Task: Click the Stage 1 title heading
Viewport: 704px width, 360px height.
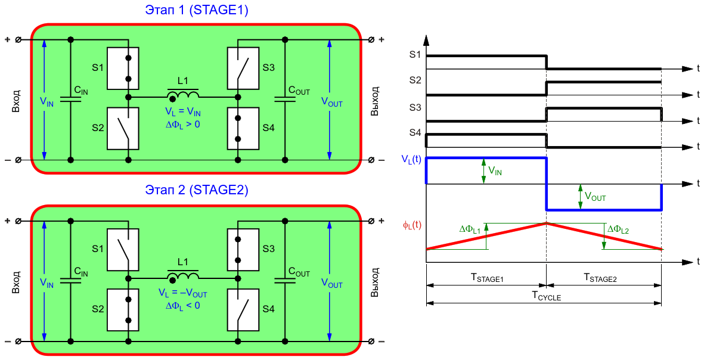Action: pos(197,10)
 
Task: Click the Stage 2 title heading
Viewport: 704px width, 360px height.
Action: pos(197,190)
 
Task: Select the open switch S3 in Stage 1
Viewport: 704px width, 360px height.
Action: pos(243,68)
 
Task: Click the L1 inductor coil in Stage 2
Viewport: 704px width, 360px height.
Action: pos(183,275)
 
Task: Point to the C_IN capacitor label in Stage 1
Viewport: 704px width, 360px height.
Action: pos(81,91)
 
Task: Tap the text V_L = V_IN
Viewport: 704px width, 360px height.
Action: pos(183,114)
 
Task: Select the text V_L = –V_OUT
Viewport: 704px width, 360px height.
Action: pos(183,294)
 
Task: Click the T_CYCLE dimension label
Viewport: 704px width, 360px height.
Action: pos(547,296)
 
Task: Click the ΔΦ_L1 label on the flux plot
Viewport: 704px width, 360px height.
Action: pos(470,229)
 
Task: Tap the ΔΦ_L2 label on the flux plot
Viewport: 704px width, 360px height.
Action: pos(618,230)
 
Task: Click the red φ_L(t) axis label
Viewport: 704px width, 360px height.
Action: pos(412,225)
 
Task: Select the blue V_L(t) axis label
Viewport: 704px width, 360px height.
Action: pos(412,161)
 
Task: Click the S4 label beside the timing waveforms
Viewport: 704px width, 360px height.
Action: pos(415,134)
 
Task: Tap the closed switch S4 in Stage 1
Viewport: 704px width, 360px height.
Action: pos(243,128)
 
